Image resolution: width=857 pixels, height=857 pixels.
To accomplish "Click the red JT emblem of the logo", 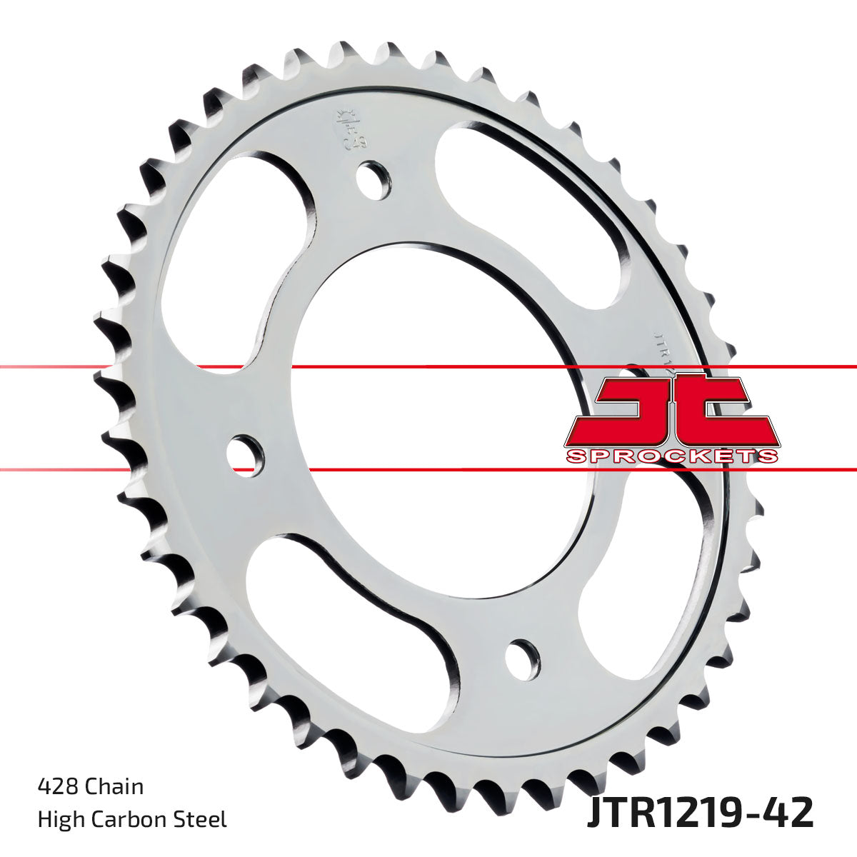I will coord(671,411).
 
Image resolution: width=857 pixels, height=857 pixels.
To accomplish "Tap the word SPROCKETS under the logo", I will coord(671,456).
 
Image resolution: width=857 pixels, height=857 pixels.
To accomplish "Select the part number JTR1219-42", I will coord(699,813).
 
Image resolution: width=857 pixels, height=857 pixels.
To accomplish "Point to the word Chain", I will coord(114,786).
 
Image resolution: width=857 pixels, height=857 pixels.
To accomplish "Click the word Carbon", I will coord(131,819).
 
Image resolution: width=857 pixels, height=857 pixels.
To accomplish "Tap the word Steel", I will coord(203,819).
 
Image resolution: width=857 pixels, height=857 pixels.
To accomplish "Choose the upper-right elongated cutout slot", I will coord(536,207).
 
